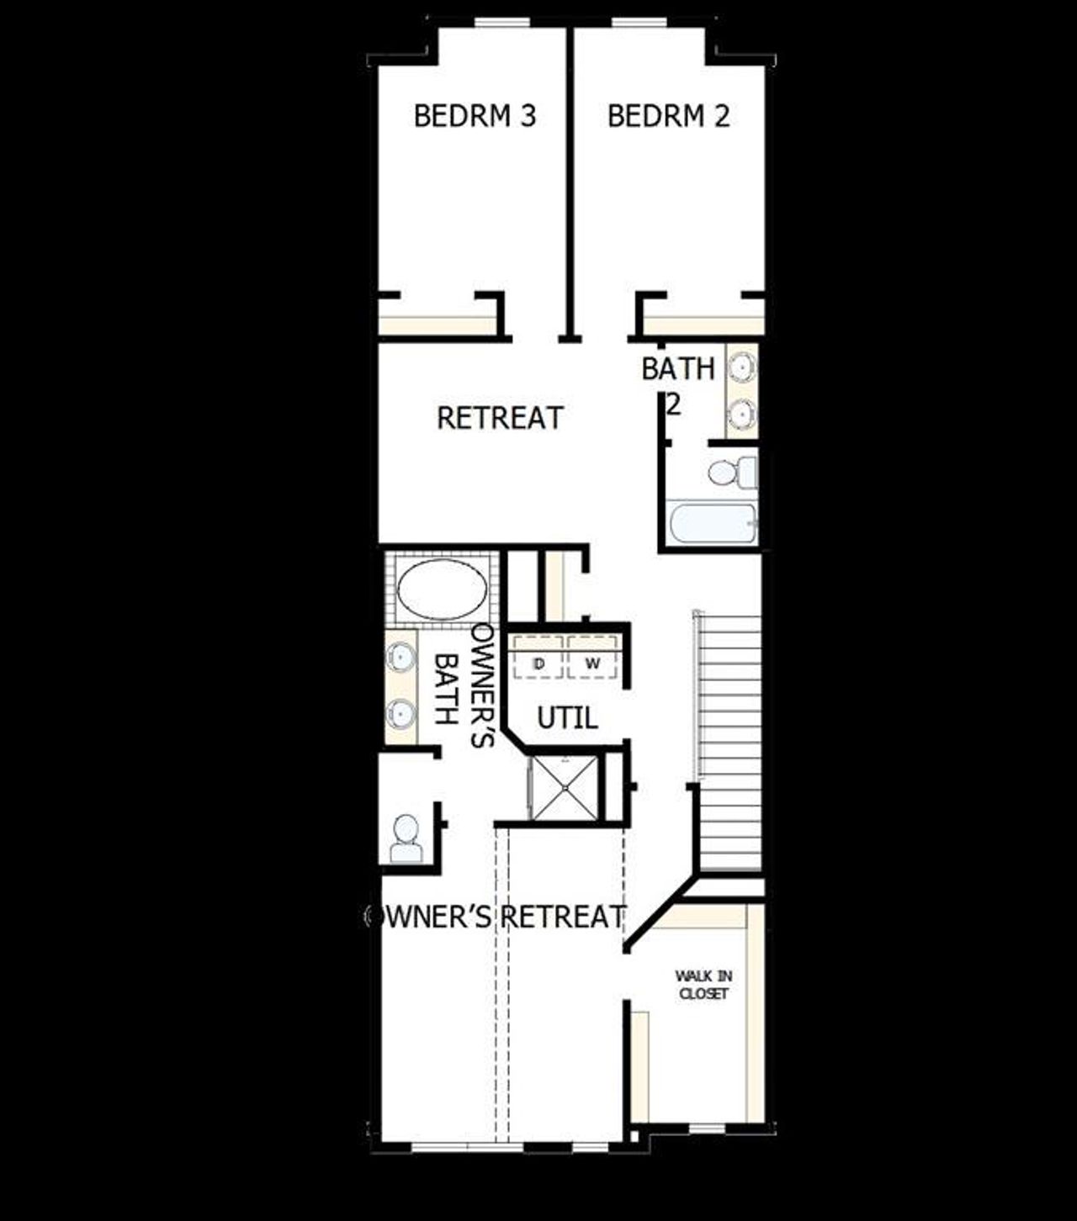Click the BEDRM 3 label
coord(475,116)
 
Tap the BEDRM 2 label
coord(668,116)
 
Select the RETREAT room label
coord(500,418)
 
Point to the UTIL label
coord(567,718)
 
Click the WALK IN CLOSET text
coord(703,985)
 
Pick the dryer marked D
coord(538,663)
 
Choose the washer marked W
coord(593,663)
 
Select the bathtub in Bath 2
coord(711,524)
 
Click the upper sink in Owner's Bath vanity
coord(401,657)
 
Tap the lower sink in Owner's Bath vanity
coord(401,714)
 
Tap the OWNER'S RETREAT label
coord(496,916)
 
